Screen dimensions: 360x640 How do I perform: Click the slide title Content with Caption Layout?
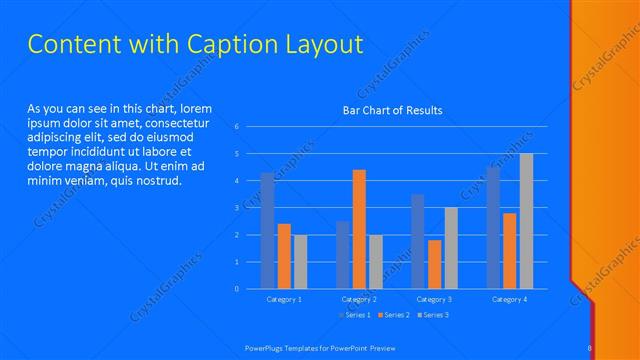[194, 45]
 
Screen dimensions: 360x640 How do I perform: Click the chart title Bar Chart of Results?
[392, 110]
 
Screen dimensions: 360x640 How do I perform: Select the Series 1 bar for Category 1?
[267, 231]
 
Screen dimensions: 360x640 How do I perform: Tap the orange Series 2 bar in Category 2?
[359, 229]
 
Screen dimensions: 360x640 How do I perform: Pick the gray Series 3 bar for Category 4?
[526, 221]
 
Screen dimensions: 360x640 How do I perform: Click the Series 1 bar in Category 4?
[493, 227]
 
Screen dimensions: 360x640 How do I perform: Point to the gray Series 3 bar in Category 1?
[300, 261]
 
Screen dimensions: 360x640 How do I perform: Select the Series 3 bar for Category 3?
[451, 248]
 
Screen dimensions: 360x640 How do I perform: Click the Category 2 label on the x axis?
[359, 299]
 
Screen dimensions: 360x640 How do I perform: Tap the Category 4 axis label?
[509, 299]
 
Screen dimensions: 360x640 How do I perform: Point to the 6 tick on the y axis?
[236, 127]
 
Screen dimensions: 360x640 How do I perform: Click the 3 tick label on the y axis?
[236, 208]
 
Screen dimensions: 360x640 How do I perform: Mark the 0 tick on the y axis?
[236, 289]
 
